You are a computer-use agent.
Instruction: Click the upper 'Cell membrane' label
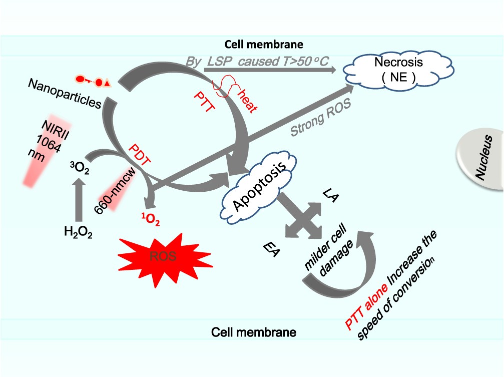(264, 44)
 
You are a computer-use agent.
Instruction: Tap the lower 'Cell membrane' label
(254, 332)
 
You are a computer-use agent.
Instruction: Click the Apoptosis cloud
(258, 188)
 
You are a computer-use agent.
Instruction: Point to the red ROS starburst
(165, 258)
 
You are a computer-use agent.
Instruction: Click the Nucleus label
(484, 158)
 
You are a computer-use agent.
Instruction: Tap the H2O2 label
(78, 232)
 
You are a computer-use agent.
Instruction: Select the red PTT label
(204, 101)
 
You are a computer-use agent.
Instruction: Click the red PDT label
(140, 154)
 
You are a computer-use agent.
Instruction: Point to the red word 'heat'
(247, 101)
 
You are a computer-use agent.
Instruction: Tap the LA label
(331, 195)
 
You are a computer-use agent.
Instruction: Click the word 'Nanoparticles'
(65, 93)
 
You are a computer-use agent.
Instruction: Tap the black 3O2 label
(80, 168)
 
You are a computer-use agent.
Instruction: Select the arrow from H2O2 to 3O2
(79, 200)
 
